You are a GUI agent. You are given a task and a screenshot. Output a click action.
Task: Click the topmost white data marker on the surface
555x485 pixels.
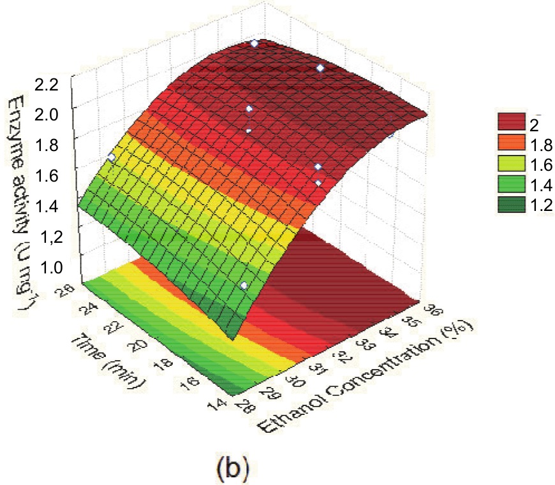pyautogui.click(x=255, y=43)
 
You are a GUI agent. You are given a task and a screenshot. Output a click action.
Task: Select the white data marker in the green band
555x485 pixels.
pyautogui.click(x=243, y=286)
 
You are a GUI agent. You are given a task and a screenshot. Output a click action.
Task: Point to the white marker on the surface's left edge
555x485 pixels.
pyautogui.click(x=112, y=157)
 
